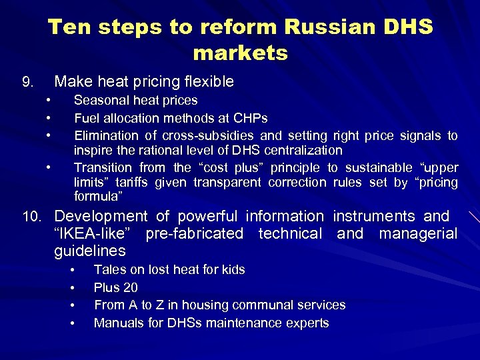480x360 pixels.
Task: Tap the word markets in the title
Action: coord(240,53)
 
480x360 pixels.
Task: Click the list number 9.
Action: coord(27,83)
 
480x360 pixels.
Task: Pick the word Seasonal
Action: coord(102,101)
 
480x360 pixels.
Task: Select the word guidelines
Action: coord(89,251)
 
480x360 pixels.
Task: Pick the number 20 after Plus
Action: coord(131,287)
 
